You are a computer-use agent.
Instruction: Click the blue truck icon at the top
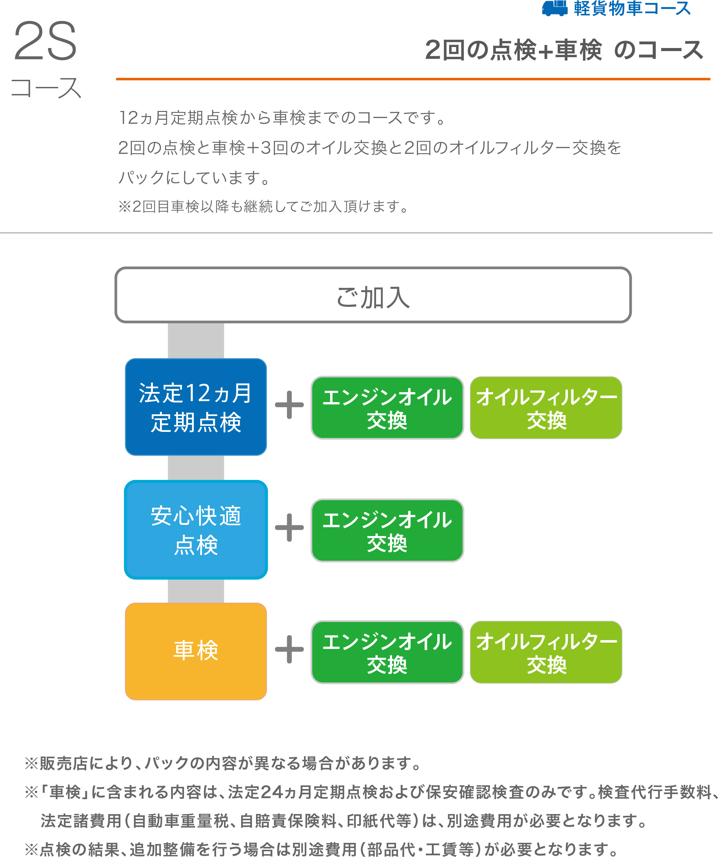point(554,8)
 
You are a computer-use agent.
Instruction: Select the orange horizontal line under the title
point(412,79)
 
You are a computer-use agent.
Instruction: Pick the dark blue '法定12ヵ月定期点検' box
point(196,407)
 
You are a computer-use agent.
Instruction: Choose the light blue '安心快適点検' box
point(196,530)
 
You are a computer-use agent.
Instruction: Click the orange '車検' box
point(196,651)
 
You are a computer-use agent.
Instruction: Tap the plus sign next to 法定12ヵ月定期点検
point(289,405)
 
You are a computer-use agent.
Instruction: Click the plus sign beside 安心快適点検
point(289,527)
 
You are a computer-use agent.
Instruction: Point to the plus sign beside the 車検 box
point(289,649)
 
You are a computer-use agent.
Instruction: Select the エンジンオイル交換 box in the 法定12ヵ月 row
point(387,408)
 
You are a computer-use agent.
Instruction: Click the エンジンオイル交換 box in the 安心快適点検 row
point(387,530)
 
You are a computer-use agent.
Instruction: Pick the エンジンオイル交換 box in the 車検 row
point(387,652)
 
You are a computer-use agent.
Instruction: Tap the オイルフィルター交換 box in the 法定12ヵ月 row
point(546,408)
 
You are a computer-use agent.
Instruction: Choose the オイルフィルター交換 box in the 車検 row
point(546,652)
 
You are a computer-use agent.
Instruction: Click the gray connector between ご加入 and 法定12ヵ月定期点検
point(196,340)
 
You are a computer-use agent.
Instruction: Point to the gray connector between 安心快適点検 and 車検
point(196,590)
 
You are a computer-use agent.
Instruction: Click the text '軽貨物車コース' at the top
point(632,8)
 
